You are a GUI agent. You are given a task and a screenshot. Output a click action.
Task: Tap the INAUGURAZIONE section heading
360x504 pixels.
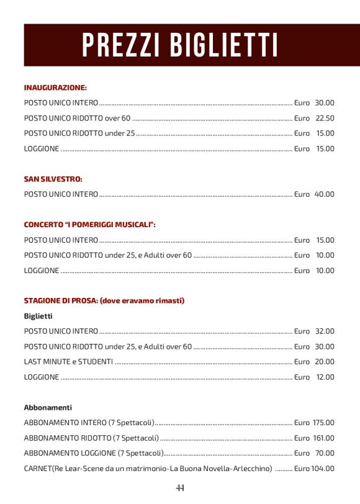55,88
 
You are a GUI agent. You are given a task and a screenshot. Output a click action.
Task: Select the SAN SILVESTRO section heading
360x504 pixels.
53,179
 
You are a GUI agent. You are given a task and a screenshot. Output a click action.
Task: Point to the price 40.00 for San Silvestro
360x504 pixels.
324,194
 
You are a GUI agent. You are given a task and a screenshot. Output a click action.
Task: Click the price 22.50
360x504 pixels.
324,118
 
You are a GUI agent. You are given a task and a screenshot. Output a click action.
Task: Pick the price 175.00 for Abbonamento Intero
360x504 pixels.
323,423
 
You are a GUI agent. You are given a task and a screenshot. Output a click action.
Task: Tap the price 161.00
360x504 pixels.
323,438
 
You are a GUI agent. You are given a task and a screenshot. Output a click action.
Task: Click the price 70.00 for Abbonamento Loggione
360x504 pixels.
324,453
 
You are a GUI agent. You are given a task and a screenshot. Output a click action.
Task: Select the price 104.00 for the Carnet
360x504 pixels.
323,469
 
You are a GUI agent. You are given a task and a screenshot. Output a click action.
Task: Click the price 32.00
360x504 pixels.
324,331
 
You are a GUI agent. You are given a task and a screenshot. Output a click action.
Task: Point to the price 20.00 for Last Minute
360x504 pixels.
324,362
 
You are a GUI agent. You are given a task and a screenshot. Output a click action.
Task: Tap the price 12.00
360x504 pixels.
324,377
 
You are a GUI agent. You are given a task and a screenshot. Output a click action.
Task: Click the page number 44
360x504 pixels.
180,487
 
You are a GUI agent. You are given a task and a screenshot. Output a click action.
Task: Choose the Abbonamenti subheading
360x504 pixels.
48,408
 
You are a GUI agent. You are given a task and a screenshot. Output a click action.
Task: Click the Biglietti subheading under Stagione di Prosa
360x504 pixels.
38,317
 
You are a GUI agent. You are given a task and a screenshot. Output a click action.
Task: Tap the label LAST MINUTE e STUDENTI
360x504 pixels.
68,362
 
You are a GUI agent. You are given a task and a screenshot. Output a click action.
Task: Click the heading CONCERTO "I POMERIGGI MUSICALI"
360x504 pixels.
89,225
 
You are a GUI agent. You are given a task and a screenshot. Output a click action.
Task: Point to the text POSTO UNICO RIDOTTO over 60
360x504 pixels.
77,118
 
